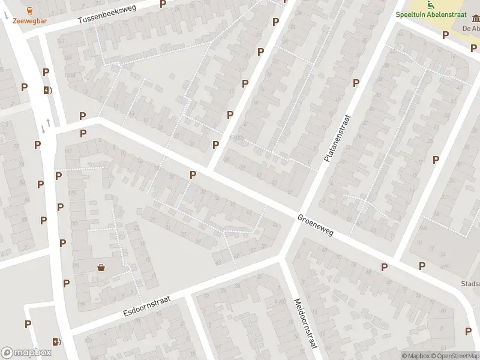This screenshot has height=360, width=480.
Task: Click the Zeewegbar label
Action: coord(30,20)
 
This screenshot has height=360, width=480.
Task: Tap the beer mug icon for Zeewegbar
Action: coord(30,10)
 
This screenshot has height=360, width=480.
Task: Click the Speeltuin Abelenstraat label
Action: coord(437,16)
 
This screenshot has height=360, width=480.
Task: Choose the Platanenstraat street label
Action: coord(336,139)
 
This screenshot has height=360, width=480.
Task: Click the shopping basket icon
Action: coord(101,268)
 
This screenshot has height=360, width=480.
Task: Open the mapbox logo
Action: coord(26,353)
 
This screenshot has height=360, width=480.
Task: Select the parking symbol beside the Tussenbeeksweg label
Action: coord(163,4)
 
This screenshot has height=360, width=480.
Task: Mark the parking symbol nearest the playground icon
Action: coord(445,35)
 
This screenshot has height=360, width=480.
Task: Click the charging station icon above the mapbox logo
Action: coord(57,341)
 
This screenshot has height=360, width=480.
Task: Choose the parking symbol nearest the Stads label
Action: coord(422,266)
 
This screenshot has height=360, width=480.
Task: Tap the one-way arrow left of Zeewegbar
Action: coord(6,16)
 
